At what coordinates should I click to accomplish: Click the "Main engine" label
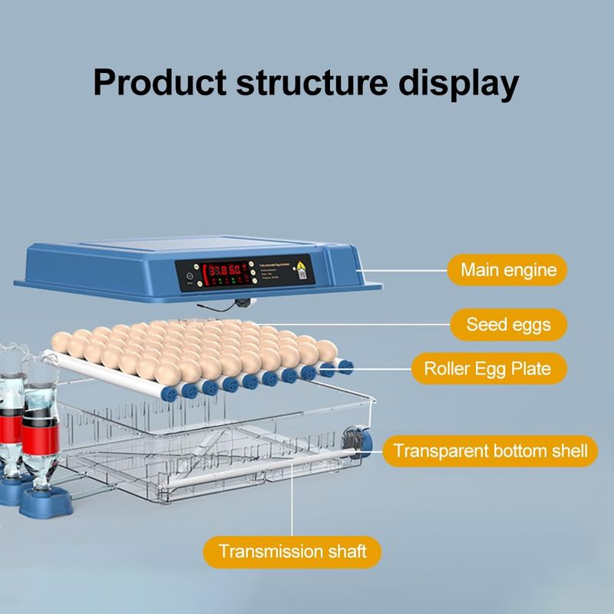tap(507, 269)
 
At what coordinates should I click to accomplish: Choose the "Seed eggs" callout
tap(508, 324)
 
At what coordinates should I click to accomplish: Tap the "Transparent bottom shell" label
tap(490, 451)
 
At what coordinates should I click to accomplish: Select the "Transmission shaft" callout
tap(292, 551)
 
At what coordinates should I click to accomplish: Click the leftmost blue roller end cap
tap(168, 394)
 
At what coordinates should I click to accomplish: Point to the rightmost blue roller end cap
tap(345, 367)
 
